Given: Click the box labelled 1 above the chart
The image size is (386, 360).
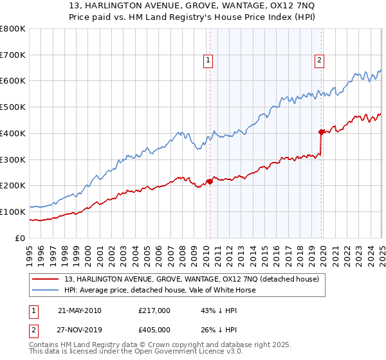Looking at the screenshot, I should pos(209,61).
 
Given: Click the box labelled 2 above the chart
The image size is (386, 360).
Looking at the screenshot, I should pos(320,61).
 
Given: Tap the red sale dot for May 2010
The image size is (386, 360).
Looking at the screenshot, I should pos(210,181).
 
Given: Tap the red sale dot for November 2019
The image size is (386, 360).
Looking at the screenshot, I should pos(322,132).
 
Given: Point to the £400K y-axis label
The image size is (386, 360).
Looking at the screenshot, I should pos(13,133).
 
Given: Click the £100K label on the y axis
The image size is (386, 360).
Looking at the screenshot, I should pos(13,212).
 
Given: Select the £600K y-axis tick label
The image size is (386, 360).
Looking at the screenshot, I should pos(13,81).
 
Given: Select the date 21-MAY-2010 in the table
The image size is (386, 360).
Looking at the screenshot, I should pos(79,310).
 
